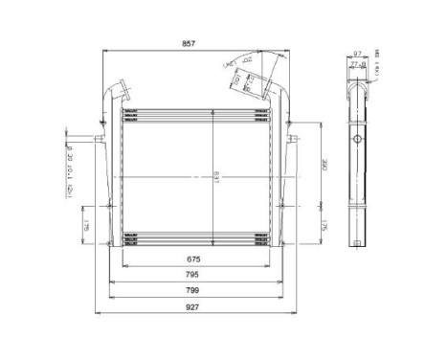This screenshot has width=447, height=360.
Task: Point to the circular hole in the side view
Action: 359,141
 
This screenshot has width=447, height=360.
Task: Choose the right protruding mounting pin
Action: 298,145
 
